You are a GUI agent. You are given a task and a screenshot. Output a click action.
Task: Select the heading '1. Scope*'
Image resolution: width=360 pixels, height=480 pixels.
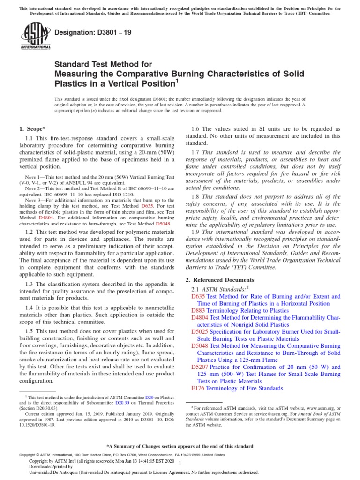pos(31,128)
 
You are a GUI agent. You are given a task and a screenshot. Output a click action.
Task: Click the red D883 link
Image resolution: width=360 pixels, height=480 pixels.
pos(198,310)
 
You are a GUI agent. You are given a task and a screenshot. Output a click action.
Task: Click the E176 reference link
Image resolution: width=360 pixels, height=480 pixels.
pos(197,388)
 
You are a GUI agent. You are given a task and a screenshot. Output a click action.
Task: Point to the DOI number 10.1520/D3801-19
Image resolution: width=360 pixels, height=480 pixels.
pos(38,426)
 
